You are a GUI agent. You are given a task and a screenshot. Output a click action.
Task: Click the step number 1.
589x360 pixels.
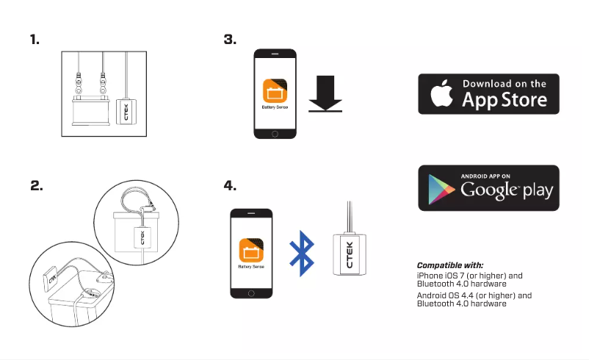(35, 40)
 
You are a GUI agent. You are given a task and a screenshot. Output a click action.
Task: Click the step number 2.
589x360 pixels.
(36, 186)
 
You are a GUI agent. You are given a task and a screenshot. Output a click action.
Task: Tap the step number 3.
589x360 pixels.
(229, 40)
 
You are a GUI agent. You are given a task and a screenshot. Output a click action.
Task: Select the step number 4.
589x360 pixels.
(229, 186)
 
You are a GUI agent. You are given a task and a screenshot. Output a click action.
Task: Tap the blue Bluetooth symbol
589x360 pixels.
(300, 253)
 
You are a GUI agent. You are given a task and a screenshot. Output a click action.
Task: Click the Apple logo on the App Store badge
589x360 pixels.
(439, 94)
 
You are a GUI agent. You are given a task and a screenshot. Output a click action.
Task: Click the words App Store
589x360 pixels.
(504, 100)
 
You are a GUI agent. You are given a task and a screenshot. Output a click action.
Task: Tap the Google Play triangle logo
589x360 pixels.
(439, 189)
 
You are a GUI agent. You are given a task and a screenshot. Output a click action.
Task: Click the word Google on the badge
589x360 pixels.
(488, 191)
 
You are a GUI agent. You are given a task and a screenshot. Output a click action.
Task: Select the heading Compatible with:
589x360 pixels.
(450, 265)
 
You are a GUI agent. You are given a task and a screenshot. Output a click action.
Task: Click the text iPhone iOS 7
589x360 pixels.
(441, 276)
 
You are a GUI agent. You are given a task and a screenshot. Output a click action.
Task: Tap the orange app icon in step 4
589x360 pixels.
(251, 252)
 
